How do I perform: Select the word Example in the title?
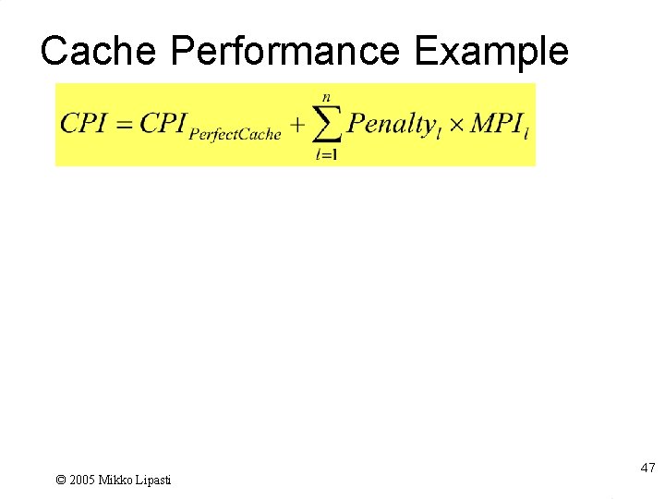coord(491,52)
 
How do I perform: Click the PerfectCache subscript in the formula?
coord(235,135)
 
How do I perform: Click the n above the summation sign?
coord(326,96)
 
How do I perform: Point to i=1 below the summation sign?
coord(326,155)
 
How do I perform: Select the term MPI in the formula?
coord(496,124)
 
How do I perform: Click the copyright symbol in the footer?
coord(61,480)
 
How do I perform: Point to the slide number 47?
coord(647,469)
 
